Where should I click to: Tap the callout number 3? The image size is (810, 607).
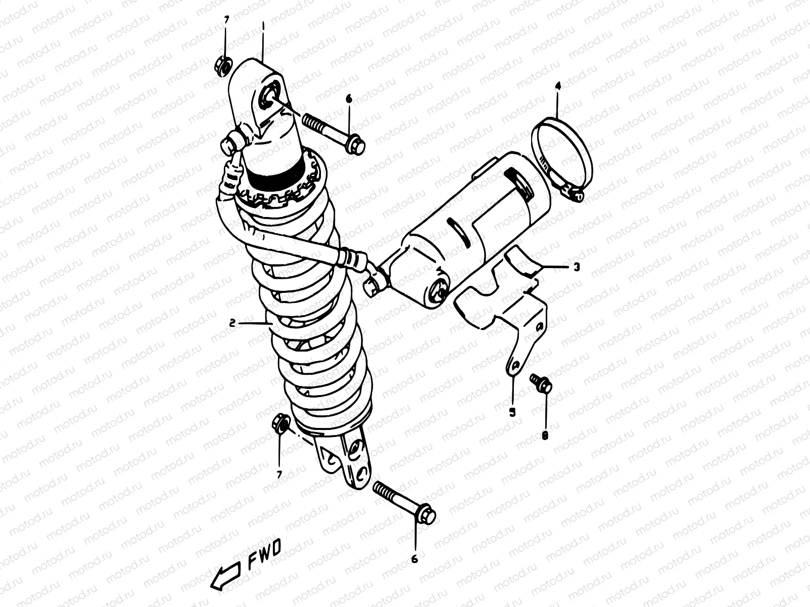[577, 267]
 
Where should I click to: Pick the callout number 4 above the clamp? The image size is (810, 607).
[558, 86]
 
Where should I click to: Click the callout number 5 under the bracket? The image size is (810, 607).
[512, 412]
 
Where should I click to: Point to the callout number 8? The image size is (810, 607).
[545, 435]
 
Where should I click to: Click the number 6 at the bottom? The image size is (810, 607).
[415, 558]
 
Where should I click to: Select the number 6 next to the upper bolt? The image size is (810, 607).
[349, 99]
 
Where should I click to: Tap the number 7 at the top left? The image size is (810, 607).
[226, 20]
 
